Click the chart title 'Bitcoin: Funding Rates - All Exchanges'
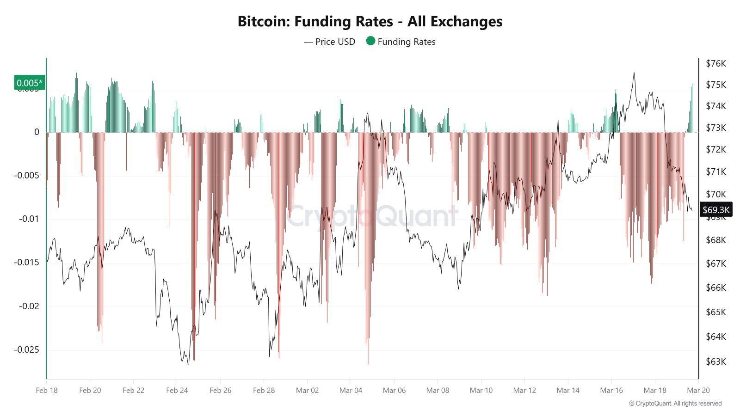(x=370, y=21)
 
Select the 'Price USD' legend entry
(x=330, y=42)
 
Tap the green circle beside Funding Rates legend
(x=370, y=41)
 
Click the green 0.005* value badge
(x=30, y=83)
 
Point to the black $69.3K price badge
(x=716, y=210)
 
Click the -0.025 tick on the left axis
(x=26, y=349)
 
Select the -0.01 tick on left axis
(x=29, y=219)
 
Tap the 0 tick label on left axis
(x=37, y=132)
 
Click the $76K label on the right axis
(x=715, y=64)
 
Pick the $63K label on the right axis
(x=715, y=361)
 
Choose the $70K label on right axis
(x=715, y=194)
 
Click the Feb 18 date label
(x=47, y=390)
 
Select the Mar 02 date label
(x=307, y=390)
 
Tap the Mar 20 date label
(x=698, y=390)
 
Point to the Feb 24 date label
(x=177, y=390)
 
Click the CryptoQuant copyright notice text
(x=675, y=404)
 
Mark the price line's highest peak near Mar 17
(x=634, y=73)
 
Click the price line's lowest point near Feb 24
(x=188, y=364)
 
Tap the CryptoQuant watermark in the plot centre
(x=372, y=216)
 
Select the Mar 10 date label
(x=481, y=390)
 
